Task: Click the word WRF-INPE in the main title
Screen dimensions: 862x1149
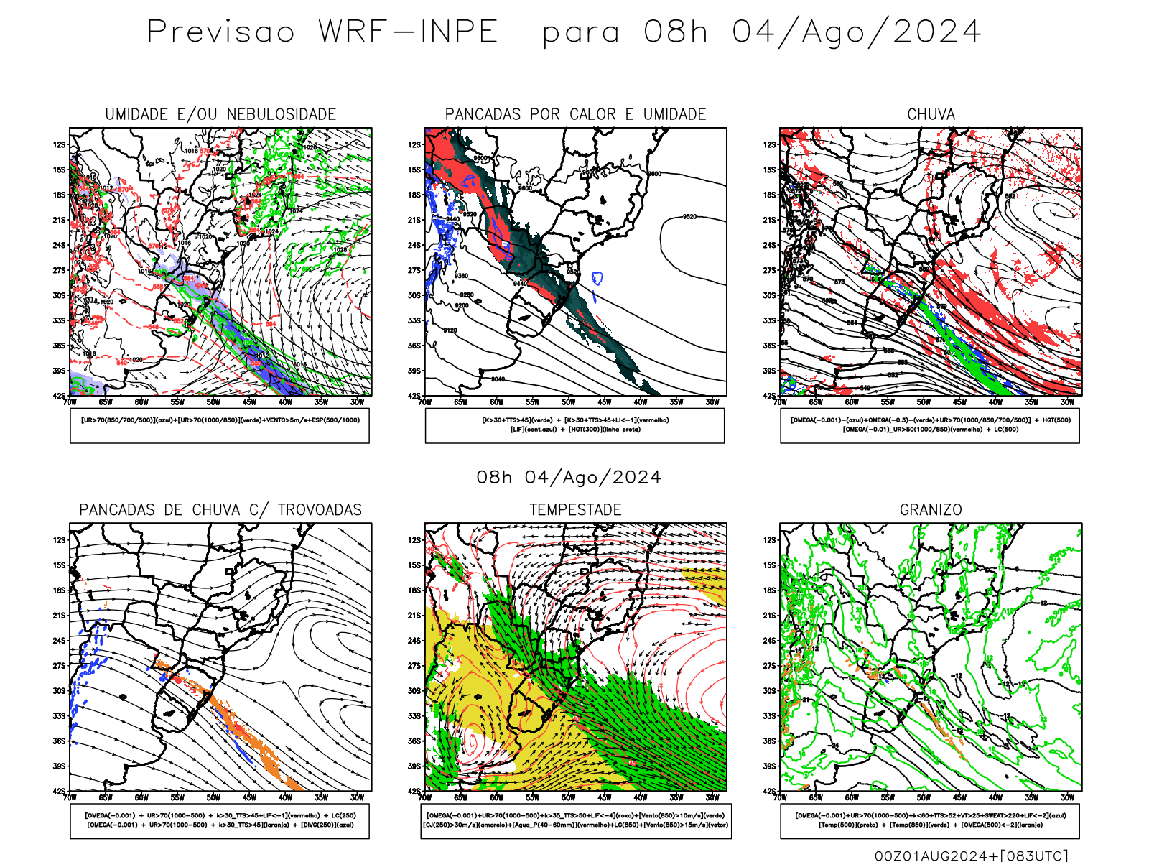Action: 408,32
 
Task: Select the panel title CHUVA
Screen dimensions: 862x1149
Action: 931,114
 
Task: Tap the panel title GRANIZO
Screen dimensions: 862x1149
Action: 931,510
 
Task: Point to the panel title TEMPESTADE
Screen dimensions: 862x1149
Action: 575,510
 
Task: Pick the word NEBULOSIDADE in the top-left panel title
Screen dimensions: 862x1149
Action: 281,114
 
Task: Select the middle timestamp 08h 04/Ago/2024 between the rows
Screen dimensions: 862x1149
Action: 569,478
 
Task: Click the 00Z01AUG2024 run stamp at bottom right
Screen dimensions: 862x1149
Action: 931,856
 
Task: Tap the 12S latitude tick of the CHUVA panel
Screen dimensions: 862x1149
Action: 770,145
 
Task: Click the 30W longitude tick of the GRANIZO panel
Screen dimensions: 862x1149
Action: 1067,797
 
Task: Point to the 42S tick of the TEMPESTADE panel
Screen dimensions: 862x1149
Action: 414,791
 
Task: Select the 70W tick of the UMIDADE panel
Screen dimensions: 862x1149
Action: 70,402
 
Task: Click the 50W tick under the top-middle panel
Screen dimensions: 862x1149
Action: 568,402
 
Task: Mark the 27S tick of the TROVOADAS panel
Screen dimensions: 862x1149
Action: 59,666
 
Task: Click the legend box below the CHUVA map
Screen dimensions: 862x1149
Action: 930,425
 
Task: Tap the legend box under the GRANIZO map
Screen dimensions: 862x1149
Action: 930,820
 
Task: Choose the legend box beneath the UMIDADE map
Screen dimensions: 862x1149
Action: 220,425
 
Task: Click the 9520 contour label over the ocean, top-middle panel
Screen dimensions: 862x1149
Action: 689,216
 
